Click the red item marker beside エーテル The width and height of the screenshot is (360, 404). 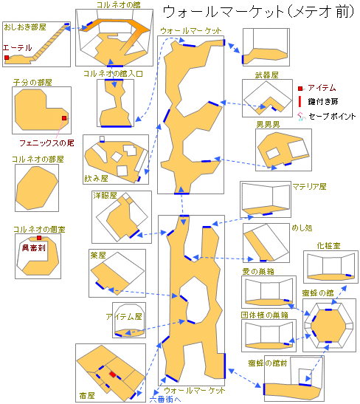click(7, 58)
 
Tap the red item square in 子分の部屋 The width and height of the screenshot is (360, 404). click(64, 118)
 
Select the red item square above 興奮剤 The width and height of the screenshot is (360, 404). click(39, 238)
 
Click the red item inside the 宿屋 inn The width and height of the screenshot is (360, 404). click(113, 374)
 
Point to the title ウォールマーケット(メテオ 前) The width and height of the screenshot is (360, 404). click(259, 12)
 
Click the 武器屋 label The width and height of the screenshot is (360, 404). click(266, 75)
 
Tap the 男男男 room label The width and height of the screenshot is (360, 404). click(268, 125)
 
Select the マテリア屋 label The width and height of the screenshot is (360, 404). click(309, 187)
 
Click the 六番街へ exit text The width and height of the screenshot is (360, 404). click(165, 399)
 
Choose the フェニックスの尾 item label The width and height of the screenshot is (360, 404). click(46, 143)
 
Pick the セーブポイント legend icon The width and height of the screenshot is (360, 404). click(301, 117)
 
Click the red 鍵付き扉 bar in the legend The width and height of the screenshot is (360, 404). click(300, 101)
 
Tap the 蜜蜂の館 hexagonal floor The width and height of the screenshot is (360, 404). click(328, 326)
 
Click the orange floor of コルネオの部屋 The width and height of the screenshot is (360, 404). click(37, 188)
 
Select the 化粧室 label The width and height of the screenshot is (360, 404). click(328, 246)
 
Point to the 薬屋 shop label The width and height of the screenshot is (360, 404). click(98, 255)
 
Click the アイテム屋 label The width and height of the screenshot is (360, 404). click(124, 316)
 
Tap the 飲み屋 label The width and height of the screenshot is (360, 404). click(96, 178)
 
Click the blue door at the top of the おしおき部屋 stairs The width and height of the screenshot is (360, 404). click(67, 24)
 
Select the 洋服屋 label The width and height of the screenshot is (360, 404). click(105, 195)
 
